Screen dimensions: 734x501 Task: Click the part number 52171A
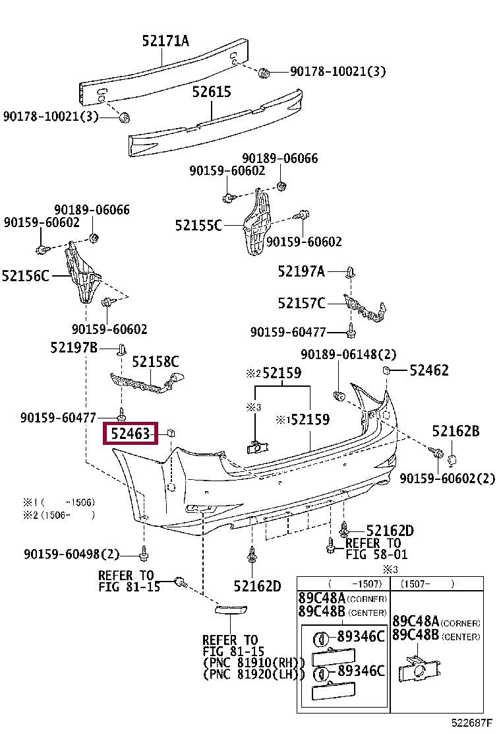tap(165, 41)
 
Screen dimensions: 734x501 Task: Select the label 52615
tap(212, 92)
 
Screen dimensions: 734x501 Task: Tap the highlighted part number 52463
tap(131, 434)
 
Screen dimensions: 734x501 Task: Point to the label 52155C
tap(198, 225)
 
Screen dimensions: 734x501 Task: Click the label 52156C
tap(26, 275)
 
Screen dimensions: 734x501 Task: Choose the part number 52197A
tap(301, 271)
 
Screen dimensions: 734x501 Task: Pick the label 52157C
tap(301, 303)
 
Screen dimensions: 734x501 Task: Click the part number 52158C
tap(156, 362)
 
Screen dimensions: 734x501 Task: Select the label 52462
tap(429, 370)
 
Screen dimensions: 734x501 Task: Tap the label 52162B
tap(456, 432)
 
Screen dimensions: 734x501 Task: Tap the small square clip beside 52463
tap(170, 433)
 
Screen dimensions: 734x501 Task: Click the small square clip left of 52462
tap(388, 370)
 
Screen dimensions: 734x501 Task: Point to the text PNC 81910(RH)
tap(254, 663)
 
